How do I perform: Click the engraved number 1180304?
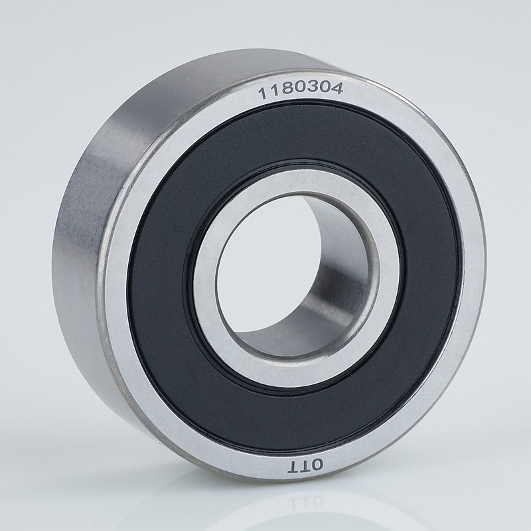tap(301, 90)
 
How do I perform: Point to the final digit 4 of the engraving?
tap(337, 88)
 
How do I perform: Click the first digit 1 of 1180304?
tap(263, 94)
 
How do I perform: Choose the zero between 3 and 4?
tap(325, 88)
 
